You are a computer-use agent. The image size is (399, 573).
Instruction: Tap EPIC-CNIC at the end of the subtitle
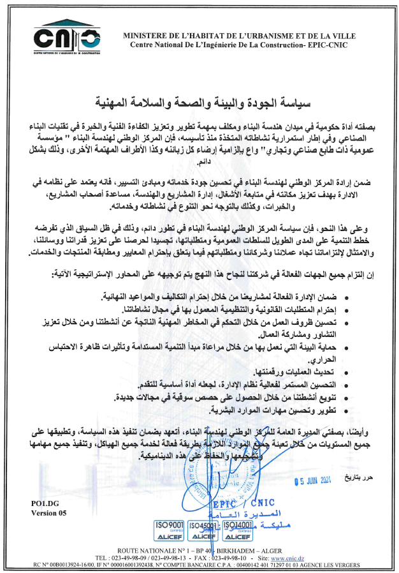[335, 45]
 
